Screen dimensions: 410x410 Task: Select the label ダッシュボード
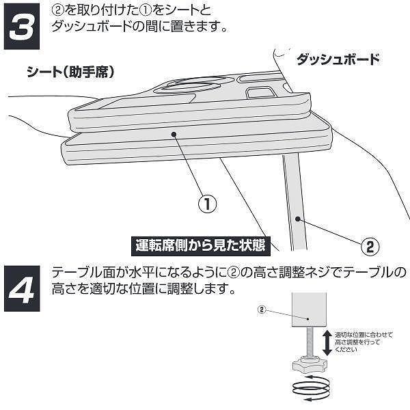tap(338, 59)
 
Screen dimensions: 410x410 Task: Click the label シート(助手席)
tap(70, 70)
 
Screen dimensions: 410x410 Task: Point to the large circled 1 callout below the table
tap(207, 204)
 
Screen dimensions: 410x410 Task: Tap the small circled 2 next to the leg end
tap(260, 308)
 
